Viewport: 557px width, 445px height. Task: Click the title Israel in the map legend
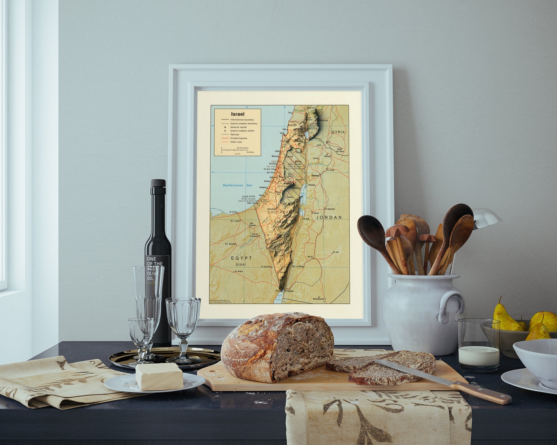click(237, 114)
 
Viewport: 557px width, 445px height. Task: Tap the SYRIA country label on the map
click(338, 132)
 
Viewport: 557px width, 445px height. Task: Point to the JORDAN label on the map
click(329, 217)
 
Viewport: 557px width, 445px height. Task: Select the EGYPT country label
click(241, 258)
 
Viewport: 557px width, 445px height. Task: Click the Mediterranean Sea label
click(237, 185)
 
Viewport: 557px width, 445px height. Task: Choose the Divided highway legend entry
click(239, 138)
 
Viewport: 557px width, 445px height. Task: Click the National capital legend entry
click(239, 127)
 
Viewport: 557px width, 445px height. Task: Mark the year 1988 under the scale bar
click(237, 154)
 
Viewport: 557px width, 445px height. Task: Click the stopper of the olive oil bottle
click(158, 183)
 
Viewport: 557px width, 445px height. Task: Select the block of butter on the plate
click(159, 376)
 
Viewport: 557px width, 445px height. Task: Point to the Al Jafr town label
click(335, 252)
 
